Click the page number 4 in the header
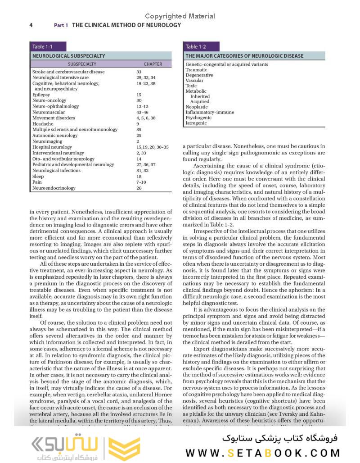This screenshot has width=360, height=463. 31,25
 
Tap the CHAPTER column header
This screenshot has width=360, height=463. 153,64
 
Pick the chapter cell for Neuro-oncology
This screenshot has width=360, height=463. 139,101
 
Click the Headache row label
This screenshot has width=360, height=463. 43,124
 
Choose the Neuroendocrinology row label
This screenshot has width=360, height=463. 54,188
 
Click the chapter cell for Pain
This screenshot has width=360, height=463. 141,182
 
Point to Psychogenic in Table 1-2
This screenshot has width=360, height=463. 198,118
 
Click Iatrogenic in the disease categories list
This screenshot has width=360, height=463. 196,123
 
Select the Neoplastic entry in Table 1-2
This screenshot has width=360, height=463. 197,107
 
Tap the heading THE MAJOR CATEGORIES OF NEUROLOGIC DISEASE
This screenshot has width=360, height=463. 244,56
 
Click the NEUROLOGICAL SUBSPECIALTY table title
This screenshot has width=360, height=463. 68,56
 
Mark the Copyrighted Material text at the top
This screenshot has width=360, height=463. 180,16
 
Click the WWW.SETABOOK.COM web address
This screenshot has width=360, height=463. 262,453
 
